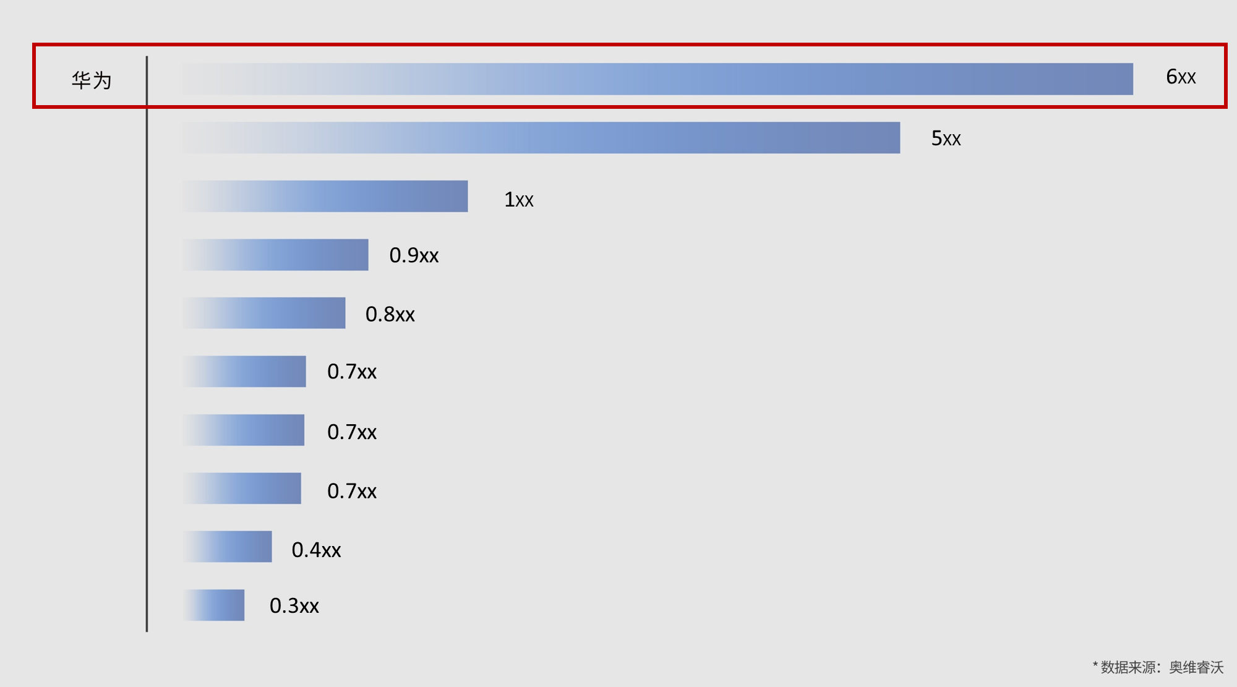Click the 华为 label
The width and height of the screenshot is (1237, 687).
pos(92,80)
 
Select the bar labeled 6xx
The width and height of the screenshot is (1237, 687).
pos(657,79)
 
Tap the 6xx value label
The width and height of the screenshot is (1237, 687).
pos(1180,77)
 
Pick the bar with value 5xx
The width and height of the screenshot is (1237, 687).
pos(541,138)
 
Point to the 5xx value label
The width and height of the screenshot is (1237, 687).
pos(946,139)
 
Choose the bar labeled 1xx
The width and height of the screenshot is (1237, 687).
pos(325,197)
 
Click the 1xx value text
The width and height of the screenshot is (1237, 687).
pos(518,200)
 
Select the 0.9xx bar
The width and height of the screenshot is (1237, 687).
pos(276,255)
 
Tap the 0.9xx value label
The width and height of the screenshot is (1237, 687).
pos(414,255)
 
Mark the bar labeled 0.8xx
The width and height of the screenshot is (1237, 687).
pos(264,313)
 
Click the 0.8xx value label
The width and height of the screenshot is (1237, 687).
pos(390,314)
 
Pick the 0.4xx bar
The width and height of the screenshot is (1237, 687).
pos(228,547)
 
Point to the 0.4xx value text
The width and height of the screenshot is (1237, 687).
pos(316,550)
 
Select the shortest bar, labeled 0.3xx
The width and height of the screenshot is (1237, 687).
pos(214,605)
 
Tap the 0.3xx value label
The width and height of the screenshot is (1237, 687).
pos(294,606)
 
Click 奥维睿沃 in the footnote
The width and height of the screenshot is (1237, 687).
pos(1196,667)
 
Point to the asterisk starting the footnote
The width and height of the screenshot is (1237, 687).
pos(1095,665)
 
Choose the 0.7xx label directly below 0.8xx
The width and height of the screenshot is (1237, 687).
pos(351,372)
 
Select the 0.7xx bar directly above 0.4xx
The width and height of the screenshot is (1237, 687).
pos(242,489)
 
